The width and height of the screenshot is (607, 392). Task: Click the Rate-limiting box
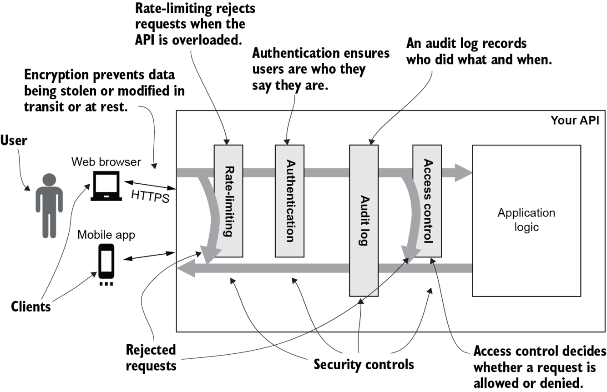pos(228,201)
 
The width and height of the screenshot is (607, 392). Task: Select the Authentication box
pos(289,201)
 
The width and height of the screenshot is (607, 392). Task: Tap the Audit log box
pos(364,221)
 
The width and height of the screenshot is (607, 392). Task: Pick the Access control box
pos(427,201)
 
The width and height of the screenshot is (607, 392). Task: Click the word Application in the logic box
pos(526,213)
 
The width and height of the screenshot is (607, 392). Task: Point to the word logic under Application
pos(526,227)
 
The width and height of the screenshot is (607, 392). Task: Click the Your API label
pos(575,121)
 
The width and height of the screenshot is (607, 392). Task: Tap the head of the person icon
pos(49,180)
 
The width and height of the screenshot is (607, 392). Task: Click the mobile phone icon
pos(106,264)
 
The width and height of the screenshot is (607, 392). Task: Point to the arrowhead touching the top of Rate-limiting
pos(227,142)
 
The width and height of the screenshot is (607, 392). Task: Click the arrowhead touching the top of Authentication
pos(287,142)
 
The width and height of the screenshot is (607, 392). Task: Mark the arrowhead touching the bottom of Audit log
pos(361,300)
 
